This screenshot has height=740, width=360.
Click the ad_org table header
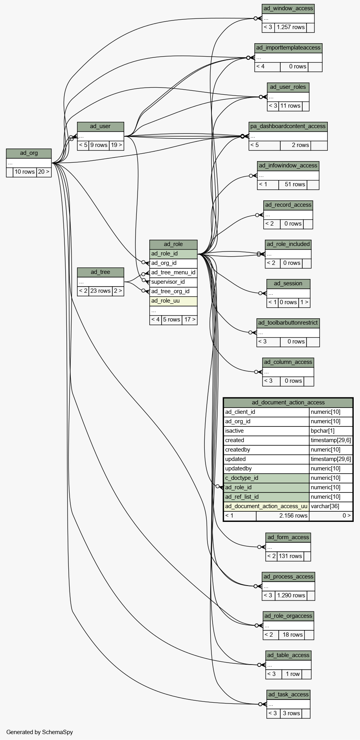tap(29, 153)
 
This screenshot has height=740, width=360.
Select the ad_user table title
tap(100, 127)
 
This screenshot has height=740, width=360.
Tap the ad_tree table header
tap(100, 272)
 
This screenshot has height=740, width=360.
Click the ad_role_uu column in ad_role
tap(173, 301)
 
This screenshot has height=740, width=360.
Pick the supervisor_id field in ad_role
tap(173, 282)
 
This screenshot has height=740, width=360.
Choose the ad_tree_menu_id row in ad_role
tap(173, 273)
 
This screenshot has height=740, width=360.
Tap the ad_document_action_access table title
tap(288, 403)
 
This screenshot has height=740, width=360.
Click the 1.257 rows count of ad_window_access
tap(290, 28)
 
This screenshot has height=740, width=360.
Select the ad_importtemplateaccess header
tap(288, 48)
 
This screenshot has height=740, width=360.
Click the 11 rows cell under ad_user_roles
tap(290, 106)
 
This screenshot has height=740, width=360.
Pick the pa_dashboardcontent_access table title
tap(288, 127)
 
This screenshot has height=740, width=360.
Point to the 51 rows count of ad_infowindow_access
tap(293, 185)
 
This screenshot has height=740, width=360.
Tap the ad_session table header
tap(288, 284)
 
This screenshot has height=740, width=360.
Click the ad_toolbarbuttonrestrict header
tap(288, 323)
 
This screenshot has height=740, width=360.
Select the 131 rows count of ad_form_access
tap(290, 556)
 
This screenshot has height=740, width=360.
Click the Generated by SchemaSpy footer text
tap(40, 732)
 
